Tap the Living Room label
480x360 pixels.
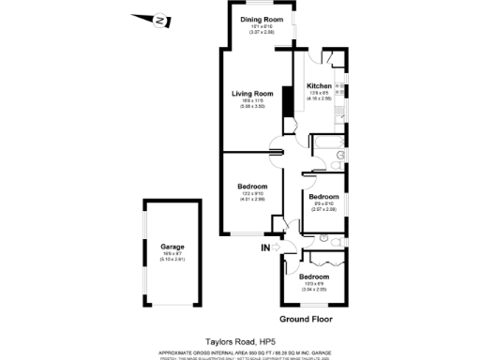point(253,94)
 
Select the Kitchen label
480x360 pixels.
point(320,86)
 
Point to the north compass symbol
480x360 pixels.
point(160,19)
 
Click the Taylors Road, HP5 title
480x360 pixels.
point(239,342)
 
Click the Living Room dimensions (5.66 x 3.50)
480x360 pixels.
point(253,107)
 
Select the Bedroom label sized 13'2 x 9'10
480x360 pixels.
point(253,187)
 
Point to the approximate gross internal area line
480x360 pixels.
point(239,351)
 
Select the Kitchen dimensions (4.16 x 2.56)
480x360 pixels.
point(320,98)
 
